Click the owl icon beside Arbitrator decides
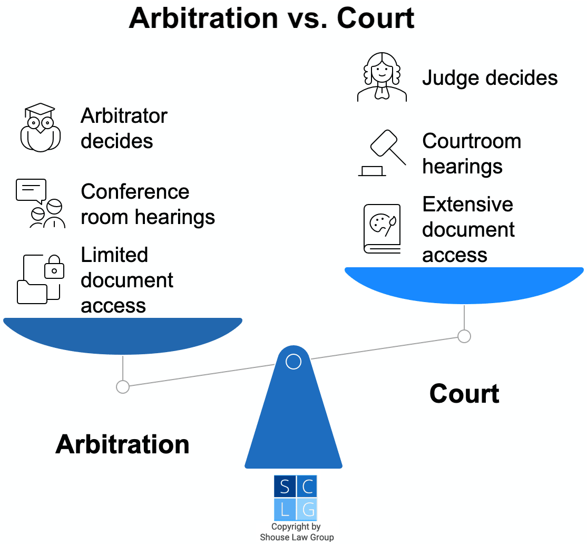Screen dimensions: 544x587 [x=40, y=128]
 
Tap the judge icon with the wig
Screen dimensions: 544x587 [x=382, y=77]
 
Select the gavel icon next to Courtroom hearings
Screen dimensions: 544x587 [x=382, y=152]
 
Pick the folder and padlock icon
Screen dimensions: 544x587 [x=41, y=279]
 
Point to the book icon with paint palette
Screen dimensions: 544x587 [x=382, y=229]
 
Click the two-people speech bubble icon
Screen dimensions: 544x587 [x=40, y=203]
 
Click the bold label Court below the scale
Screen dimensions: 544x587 [x=464, y=394]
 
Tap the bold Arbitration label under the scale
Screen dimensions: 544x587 [x=122, y=444]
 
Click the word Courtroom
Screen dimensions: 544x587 [x=472, y=141]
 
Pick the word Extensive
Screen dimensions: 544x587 [x=467, y=205]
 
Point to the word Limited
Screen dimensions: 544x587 [x=114, y=255]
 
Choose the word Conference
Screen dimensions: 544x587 [x=135, y=192]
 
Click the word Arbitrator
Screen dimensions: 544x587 [x=124, y=116]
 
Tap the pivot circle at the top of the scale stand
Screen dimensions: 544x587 [x=293, y=362]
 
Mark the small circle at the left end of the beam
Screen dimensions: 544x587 [x=123, y=387]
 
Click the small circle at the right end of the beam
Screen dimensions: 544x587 [x=464, y=336]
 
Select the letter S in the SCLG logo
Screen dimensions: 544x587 [x=285, y=487]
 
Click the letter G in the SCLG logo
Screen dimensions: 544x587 [x=308, y=510]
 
